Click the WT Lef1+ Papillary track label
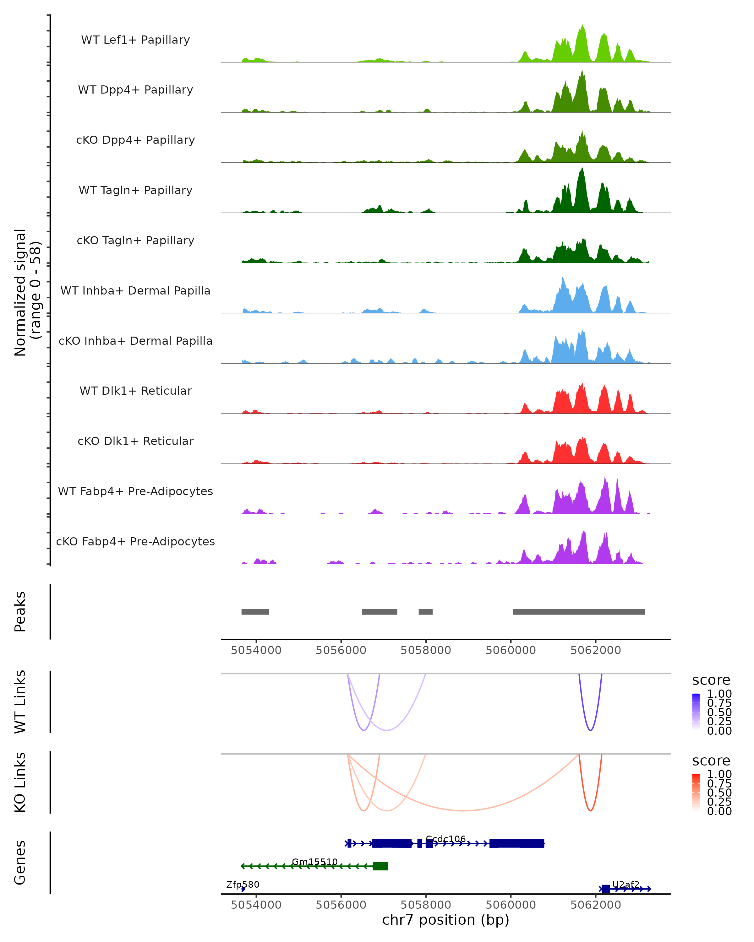[x=135, y=40]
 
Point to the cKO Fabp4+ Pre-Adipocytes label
[x=135, y=541]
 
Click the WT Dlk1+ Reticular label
[x=135, y=391]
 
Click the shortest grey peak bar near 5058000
[x=425, y=612]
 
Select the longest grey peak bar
[x=579, y=612]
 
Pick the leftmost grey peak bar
[x=255, y=612]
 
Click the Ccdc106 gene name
[x=445, y=839]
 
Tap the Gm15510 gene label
[x=315, y=862]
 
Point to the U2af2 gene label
[x=626, y=884]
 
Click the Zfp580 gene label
[x=243, y=884]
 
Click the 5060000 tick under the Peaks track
[x=511, y=650]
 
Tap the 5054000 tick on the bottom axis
[x=256, y=905]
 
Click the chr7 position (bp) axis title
[x=445, y=920]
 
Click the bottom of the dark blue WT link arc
[x=590, y=730]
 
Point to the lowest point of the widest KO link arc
[x=464, y=810]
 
